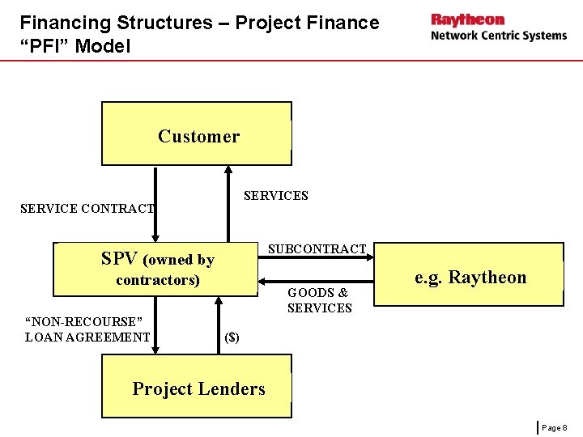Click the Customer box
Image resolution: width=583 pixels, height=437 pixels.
point(197,134)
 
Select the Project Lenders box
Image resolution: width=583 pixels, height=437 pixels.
point(197,387)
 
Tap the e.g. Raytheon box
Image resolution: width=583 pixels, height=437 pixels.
point(470,275)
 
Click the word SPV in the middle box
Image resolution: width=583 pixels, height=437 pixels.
point(119,259)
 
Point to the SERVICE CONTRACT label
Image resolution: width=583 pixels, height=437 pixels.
point(87,209)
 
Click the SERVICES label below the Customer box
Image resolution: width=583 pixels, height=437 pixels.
point(276,196)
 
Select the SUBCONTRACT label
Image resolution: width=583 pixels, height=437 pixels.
point(317,248)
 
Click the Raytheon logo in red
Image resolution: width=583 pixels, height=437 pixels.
point(467,19)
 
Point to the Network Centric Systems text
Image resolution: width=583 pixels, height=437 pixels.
point(498,36)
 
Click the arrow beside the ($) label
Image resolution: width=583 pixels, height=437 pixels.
point(217,325)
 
